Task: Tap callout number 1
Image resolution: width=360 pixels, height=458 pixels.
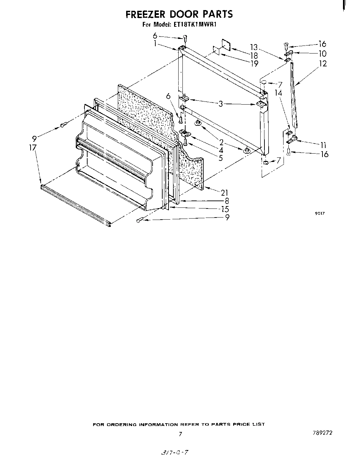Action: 155,44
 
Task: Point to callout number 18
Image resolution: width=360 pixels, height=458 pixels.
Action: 254,56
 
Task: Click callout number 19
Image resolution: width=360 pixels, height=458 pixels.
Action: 254,63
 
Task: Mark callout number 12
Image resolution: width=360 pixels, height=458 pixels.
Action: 323,64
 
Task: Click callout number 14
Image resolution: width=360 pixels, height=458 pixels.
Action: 278,93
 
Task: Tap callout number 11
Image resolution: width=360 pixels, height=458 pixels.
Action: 323,145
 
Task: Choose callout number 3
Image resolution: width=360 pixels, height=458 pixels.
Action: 220,104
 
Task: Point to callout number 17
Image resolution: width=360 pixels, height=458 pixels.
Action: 33,148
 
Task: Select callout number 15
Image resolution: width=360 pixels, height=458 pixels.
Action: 225,209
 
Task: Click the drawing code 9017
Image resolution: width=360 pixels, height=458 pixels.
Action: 320,213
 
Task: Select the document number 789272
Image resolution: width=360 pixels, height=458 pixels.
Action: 322,433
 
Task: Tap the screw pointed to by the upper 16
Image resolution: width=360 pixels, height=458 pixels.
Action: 286,44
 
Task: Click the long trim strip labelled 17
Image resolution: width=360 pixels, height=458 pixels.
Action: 75,205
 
